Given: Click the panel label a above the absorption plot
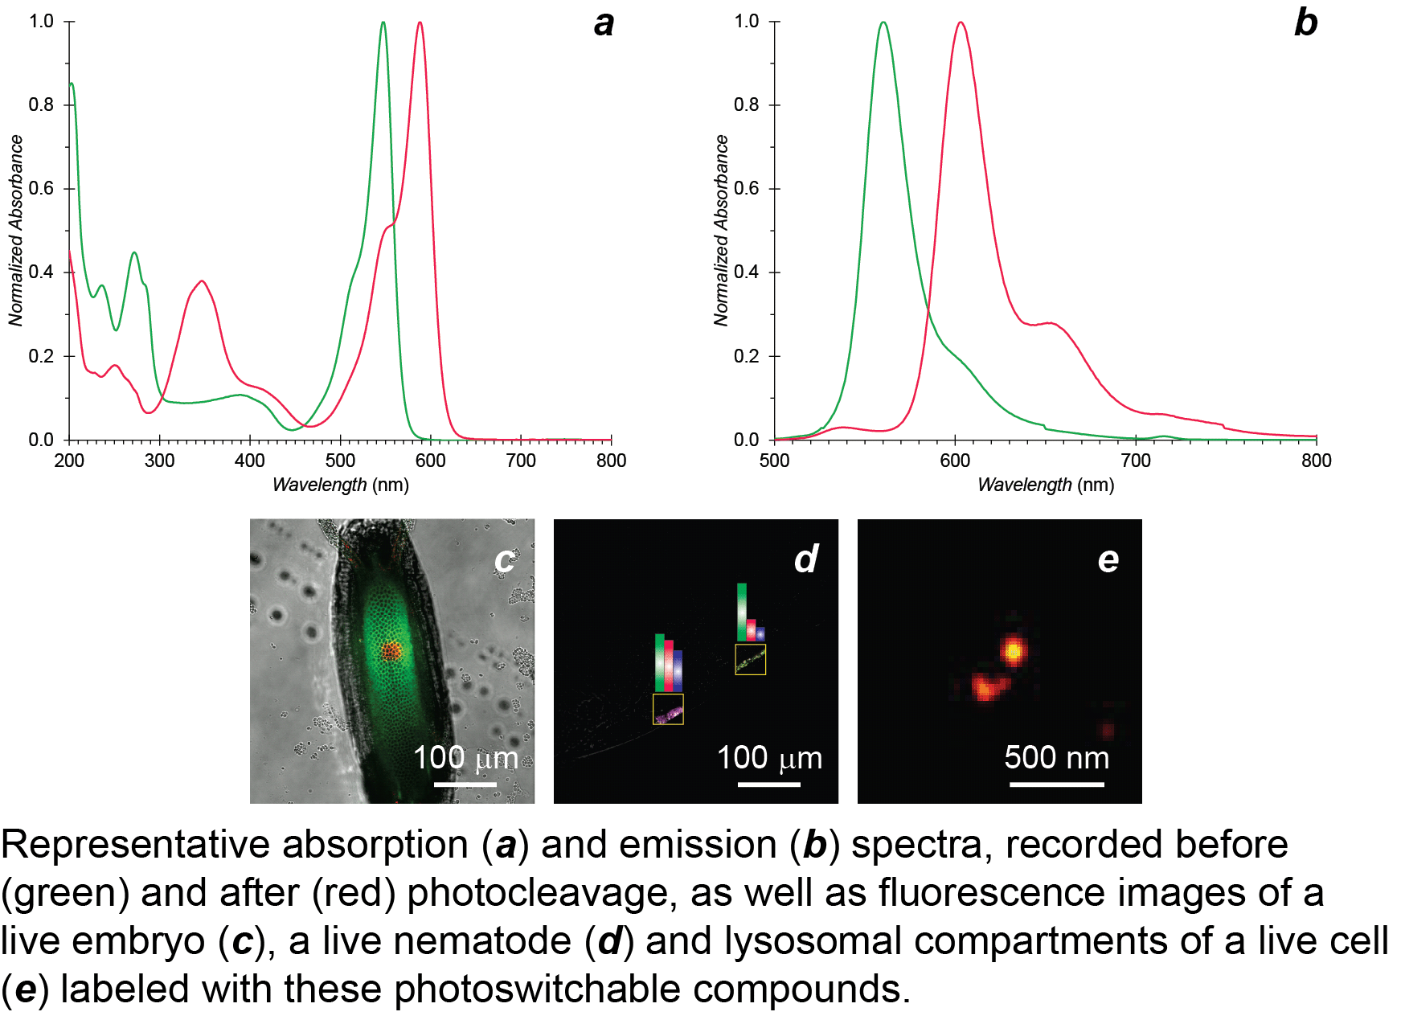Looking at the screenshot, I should click(604, 23).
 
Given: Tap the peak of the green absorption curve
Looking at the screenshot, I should click(383, 23).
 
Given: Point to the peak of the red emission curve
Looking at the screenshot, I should click(961, 23).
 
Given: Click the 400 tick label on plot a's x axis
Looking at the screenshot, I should click(250, 461).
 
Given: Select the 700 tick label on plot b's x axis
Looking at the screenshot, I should click(1136, 461).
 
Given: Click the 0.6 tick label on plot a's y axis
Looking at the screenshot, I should click(41, 188).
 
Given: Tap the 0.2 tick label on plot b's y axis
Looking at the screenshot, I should click(746, 356).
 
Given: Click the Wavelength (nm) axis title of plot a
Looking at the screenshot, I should click(341, 485).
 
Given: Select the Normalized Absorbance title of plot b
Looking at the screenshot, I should click(721, 230).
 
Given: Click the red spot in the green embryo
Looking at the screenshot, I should click(391, 649).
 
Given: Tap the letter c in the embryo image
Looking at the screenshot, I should click(504, 560).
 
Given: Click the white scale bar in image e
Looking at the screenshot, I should click(1056, 784).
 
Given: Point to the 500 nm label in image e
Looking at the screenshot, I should click(1056, 757).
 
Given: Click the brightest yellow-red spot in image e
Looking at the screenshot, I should click(1014, 650).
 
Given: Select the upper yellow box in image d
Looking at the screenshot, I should click(751, 660).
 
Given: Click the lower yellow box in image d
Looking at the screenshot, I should click(668, 710).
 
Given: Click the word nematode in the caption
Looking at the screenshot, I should click(446, 941).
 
